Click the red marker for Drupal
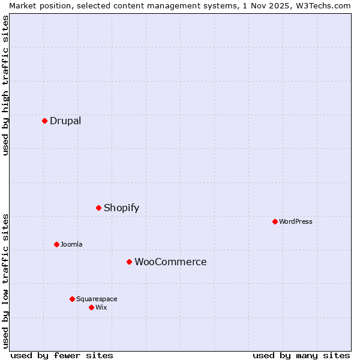(x=44, y=121)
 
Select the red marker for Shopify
(x=98, y=208)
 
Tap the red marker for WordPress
(x=275, y=221)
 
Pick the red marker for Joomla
(x=56, y=244)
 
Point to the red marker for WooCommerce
(x=129, y=262)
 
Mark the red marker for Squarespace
(x=72, y=299)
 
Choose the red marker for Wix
(x=91, y=307)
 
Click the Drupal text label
(x=65, y=121)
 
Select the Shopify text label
(x=121, y=208)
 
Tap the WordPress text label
(x=296, y=221)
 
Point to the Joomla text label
(x=71, y=244)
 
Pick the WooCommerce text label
(x=170, y=262)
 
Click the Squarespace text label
(x=97, y=299)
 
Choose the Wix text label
(x=101, y=307)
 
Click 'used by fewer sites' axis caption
(x=62, y=355)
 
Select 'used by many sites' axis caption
(x=301, y=355)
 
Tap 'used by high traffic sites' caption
(x=5, y=85)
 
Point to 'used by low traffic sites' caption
(x=5, y=280)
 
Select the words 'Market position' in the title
(x=37, y=5)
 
